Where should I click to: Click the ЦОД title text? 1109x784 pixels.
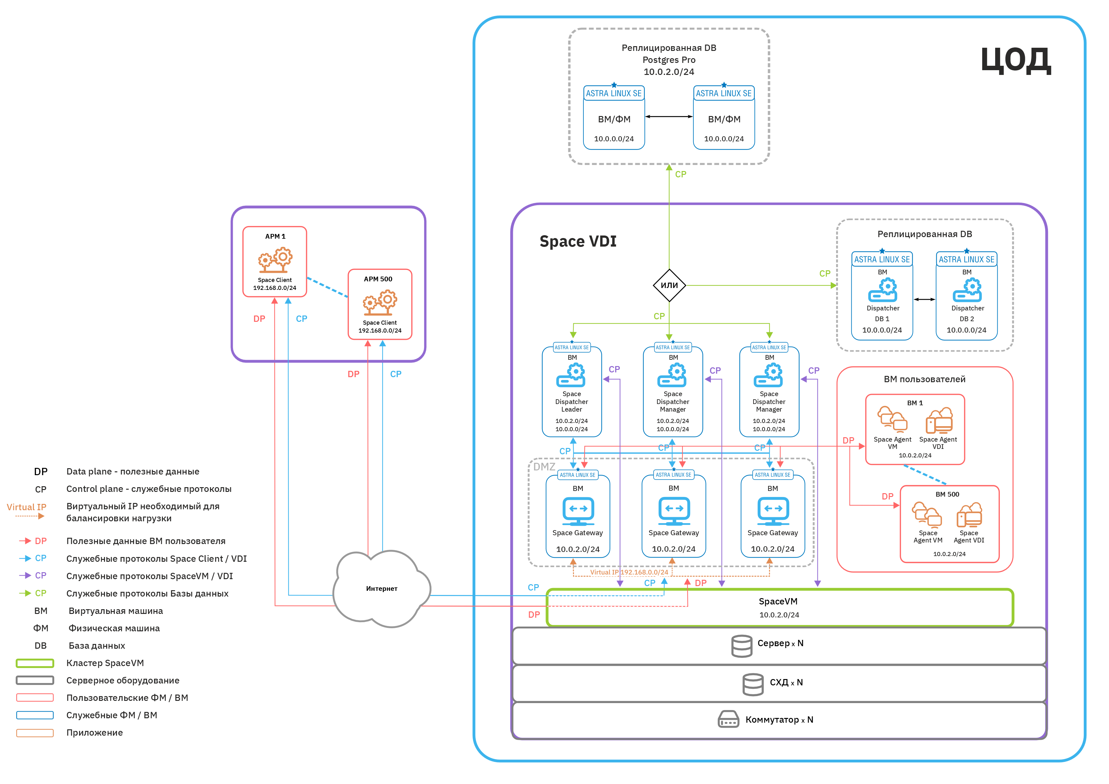pyautogui.click(x=1015, y=60)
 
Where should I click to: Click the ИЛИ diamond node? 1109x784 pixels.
pyautogui.click(x=669, y=285)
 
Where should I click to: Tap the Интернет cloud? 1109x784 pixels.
pyautogui.click(x=382, y=589)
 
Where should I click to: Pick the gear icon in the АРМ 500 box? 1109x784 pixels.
pyautogui.click(x=380, y=302)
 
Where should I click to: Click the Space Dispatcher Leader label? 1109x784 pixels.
pyautogui.click(x=571, y=402)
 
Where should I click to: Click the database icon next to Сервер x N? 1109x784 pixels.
pyautogui.click(x=742, y=646)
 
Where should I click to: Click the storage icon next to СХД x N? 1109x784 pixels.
pyautogui.click(x=753, y=684)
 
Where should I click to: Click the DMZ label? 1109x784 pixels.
pyautogui.click(x=544, y=467)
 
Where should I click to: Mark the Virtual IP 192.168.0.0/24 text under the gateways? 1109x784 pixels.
pyautogui.click(x=629, y=572)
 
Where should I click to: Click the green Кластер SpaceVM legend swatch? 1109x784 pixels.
pyautogui.click(x=35, y=663)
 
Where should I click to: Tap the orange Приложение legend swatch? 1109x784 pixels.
pyautogui.click(x=35, y=733)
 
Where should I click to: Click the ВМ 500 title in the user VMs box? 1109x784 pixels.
pyautogui.click(x=947, y=494)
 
